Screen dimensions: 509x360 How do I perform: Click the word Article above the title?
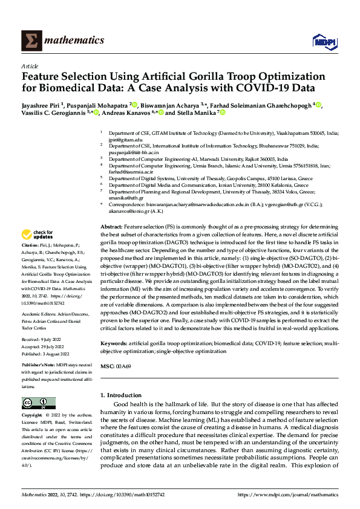(x=29, y=66)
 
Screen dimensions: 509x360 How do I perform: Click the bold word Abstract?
(x=112, y=224)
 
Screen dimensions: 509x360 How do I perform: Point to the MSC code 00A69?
(x=123, y=366)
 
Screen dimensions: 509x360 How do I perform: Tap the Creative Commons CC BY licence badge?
(x=35, y=403)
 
